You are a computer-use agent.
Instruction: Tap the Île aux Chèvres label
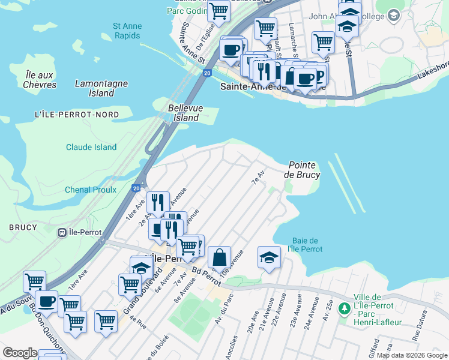click(41, 79)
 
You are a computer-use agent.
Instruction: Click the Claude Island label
click(91, 147)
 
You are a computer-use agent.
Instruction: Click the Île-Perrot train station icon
click(61, 232)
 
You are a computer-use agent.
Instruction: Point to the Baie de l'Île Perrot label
click(305, 244)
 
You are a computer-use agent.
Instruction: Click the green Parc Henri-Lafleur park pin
click(344, 308)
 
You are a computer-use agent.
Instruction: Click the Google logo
click(20, 353)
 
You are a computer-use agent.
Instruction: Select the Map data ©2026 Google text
click(412, 356)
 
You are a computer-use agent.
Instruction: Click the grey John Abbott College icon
click(394, 15)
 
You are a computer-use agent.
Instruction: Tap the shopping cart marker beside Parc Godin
click(219, 10)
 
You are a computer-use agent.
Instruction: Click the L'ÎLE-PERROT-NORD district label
click(68, 115)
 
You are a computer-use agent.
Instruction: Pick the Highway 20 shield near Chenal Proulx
click(137, 188)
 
